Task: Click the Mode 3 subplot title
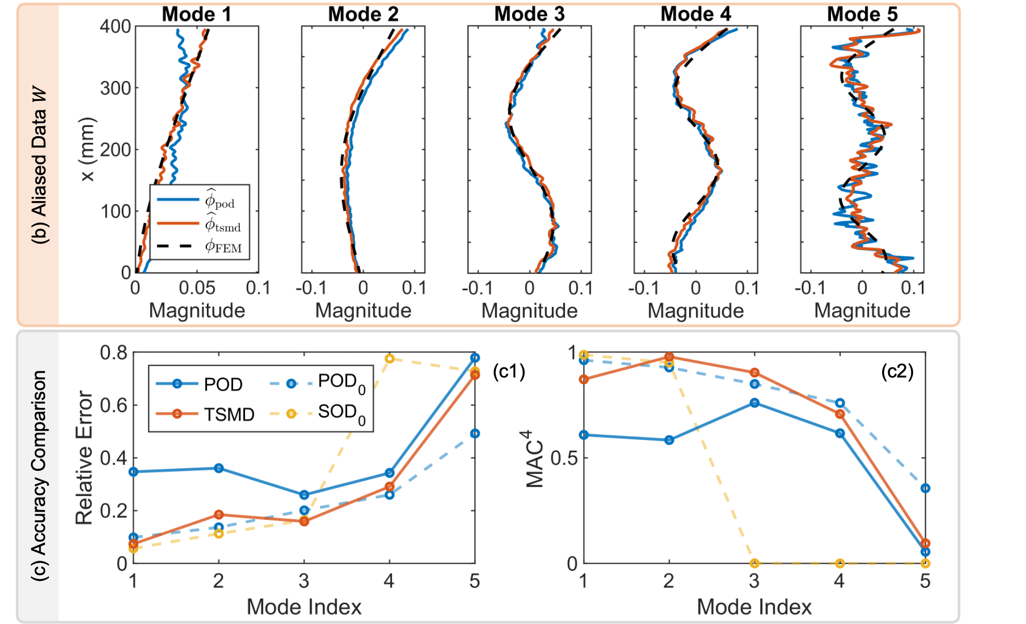529,14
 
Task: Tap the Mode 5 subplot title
862,14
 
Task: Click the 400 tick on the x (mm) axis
116,26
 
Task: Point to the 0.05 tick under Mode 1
197,288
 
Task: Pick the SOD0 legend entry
340,413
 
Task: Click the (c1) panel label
509,371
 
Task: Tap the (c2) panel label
897,371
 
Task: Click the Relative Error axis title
84,457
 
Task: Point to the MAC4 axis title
535,458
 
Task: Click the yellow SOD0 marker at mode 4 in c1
389,358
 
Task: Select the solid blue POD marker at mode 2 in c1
219,468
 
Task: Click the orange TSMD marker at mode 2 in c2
669,357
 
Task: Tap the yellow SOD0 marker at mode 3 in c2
755,563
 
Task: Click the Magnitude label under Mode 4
695,311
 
